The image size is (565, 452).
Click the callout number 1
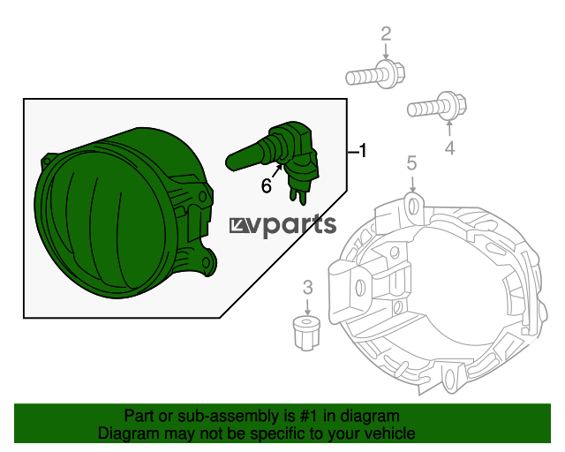click(363, 151)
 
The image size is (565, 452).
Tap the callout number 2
click(386, 34)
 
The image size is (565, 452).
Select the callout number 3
click(307, 288)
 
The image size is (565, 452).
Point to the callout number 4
click(449, 148)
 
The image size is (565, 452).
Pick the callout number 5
click(412, 163)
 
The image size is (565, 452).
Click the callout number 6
click(267, 186)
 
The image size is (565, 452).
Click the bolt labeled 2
click(375, 75)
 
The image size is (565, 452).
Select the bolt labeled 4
click(437, 106)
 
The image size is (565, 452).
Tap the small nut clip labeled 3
click(306, 333)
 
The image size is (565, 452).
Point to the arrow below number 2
click(386, 51)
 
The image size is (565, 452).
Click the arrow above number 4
click(449, 129)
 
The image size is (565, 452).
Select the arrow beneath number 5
click(412, 183)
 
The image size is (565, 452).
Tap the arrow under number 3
click(307, 306)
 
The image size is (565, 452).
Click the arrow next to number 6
click(277, 170)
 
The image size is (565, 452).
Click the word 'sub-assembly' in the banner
click(229, 416)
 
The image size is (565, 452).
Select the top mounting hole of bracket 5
click(413, 207)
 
